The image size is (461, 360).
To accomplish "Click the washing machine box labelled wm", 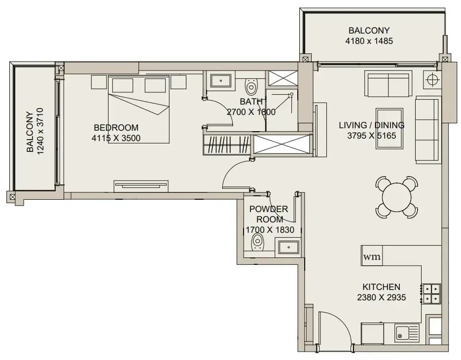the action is [372, 256].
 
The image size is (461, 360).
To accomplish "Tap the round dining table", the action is [396, 197].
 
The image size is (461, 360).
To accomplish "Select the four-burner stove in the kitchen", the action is [431, 294].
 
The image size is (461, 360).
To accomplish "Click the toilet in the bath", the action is [251, 86].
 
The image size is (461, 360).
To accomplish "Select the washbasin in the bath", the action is [221, 79].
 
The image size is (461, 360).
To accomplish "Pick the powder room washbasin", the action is [288, 247].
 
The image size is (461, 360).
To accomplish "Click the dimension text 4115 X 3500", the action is [116, 138].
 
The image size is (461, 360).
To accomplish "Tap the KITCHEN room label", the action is [381, 287].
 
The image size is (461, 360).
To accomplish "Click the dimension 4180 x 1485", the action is [369, 41].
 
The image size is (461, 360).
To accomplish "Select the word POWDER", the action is [268, 209].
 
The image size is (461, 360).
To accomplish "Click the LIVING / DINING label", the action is [372, 125].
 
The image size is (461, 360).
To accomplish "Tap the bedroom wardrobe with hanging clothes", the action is [227, 144].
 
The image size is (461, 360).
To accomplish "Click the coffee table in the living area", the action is [390, 129].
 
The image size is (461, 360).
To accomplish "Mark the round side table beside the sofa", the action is [432, 79].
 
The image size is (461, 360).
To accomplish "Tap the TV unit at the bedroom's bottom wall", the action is [141, 186].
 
